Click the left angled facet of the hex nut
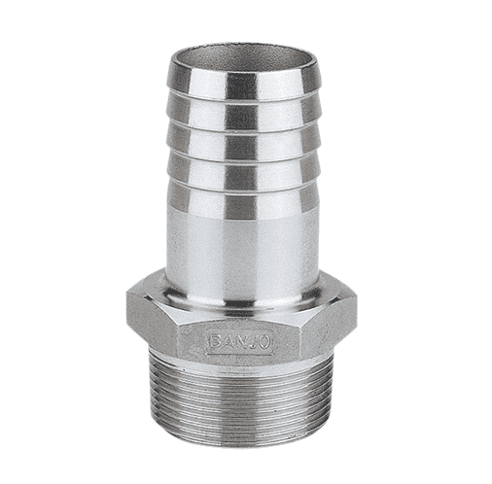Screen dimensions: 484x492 148,330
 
